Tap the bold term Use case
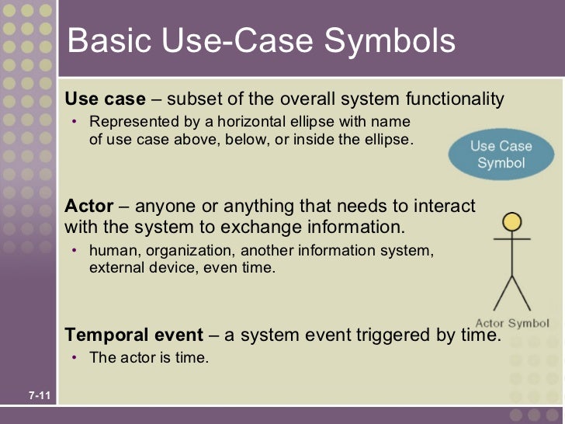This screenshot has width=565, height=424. tap(105, 99)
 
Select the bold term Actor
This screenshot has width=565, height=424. tap(88, 207)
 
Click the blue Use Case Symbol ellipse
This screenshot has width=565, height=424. tap(500, 155)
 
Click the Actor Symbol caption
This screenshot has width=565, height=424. tap(511, 323)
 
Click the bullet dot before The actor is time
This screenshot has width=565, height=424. tap(74, 358)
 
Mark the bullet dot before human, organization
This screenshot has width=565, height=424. tap(74, 252)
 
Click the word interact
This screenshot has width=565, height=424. tap(446, 207)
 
